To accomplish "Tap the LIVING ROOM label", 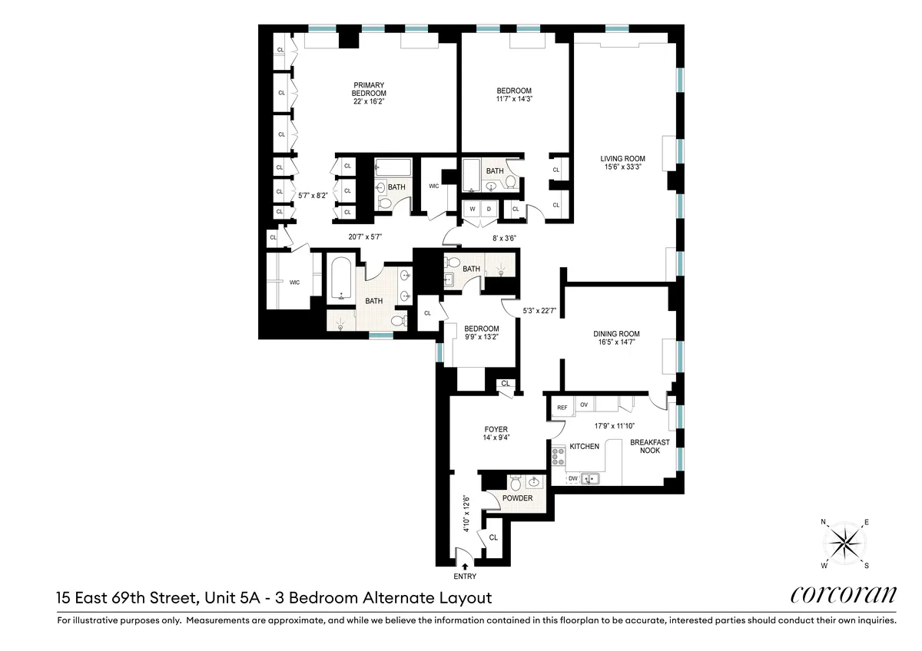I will point(622,159).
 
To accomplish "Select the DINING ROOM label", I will point(616,334).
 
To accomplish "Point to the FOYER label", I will point(496,430).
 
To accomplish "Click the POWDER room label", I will point(517,498).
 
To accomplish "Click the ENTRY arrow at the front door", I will point(464,567).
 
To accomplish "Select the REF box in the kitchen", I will point(562,405).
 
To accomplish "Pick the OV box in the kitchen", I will point(583,405).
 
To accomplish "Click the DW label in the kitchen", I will point(572,479).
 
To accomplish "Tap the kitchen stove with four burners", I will point(559,457).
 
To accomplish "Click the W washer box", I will point(471,209).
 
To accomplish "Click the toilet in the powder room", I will point(515,483).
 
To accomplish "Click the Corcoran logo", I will point(843,596).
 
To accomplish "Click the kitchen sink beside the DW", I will point(589,479).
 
